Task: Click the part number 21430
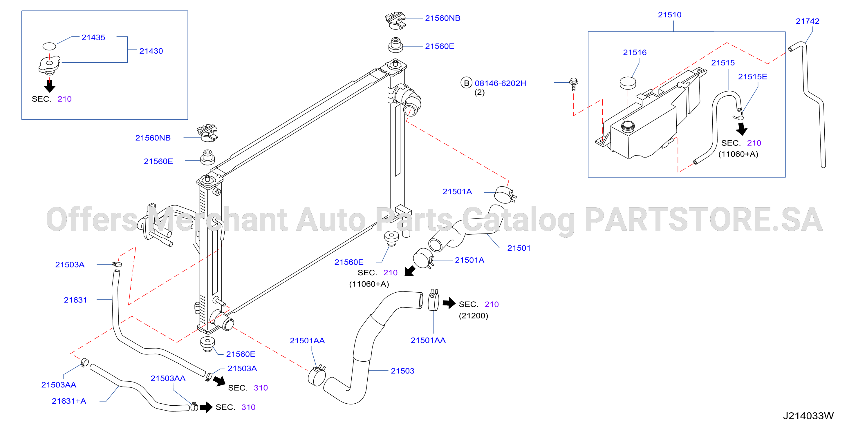(x=151, y=51)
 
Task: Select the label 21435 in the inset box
(x=93, y=38)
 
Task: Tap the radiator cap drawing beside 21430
(x=50, y=65)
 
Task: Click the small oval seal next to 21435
(x=49, y=46)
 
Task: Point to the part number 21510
(x=669, y=15)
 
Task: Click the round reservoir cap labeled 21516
(x=628, y=83)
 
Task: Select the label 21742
(x=807, y=21)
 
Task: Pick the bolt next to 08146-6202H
(x=574, y=84)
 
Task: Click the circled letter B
(x=467, y=83)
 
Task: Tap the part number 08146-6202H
(x=500, y=83)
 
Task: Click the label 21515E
(x=753, y=77)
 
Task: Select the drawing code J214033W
(x=808, y=416)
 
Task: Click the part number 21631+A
(x=69, y=401)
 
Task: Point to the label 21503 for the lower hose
(x=402, y=371)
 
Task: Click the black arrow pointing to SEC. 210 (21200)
(x=449, y=303)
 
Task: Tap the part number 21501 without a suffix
(x=519, y=248)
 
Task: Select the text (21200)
(x=473, y=316)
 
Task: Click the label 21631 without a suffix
(x=75, y=300)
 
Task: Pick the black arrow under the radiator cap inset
(x=50, y=86)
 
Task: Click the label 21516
(x=635, y=52)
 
